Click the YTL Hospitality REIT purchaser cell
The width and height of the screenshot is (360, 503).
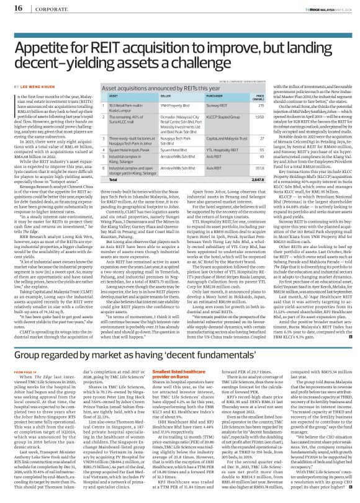click(225, 149)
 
